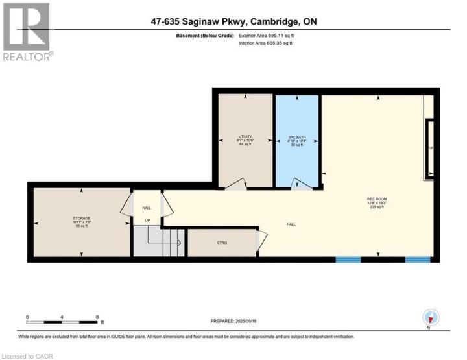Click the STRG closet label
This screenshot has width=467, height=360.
pyautogui.click(x=222, y=243)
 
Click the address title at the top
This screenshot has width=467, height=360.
pyautogui.click(x=233, y=22)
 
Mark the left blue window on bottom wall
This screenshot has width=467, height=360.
pyautogui.click(x=348, y=259)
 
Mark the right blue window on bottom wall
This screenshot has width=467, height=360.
pyautogui.click(x=417, y=259)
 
